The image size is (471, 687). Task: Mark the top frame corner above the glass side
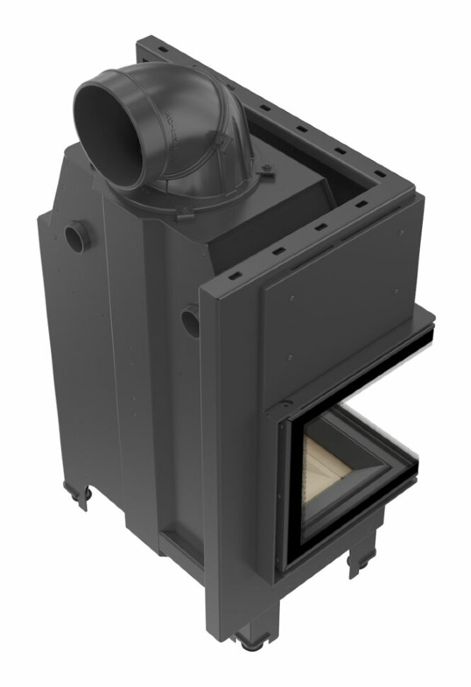[x=409, y=186]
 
